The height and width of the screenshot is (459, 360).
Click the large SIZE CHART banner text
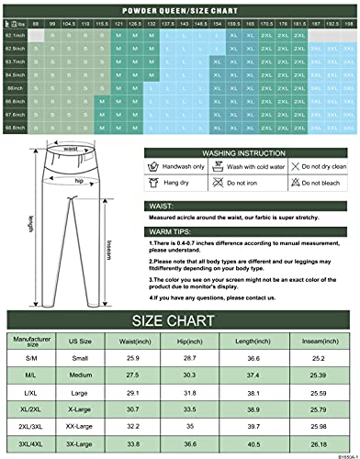pyautogui.click(x=180, y=322)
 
